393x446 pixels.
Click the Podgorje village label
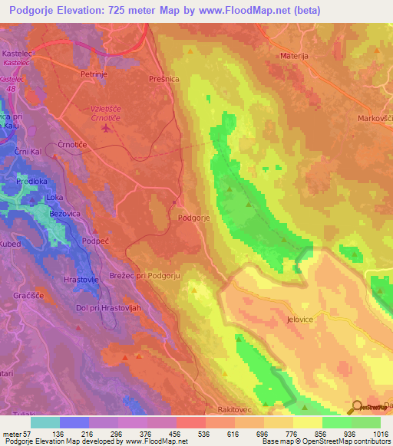(194, 218)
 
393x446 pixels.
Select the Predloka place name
(32, 182)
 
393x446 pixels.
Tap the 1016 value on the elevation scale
(377, 435)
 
